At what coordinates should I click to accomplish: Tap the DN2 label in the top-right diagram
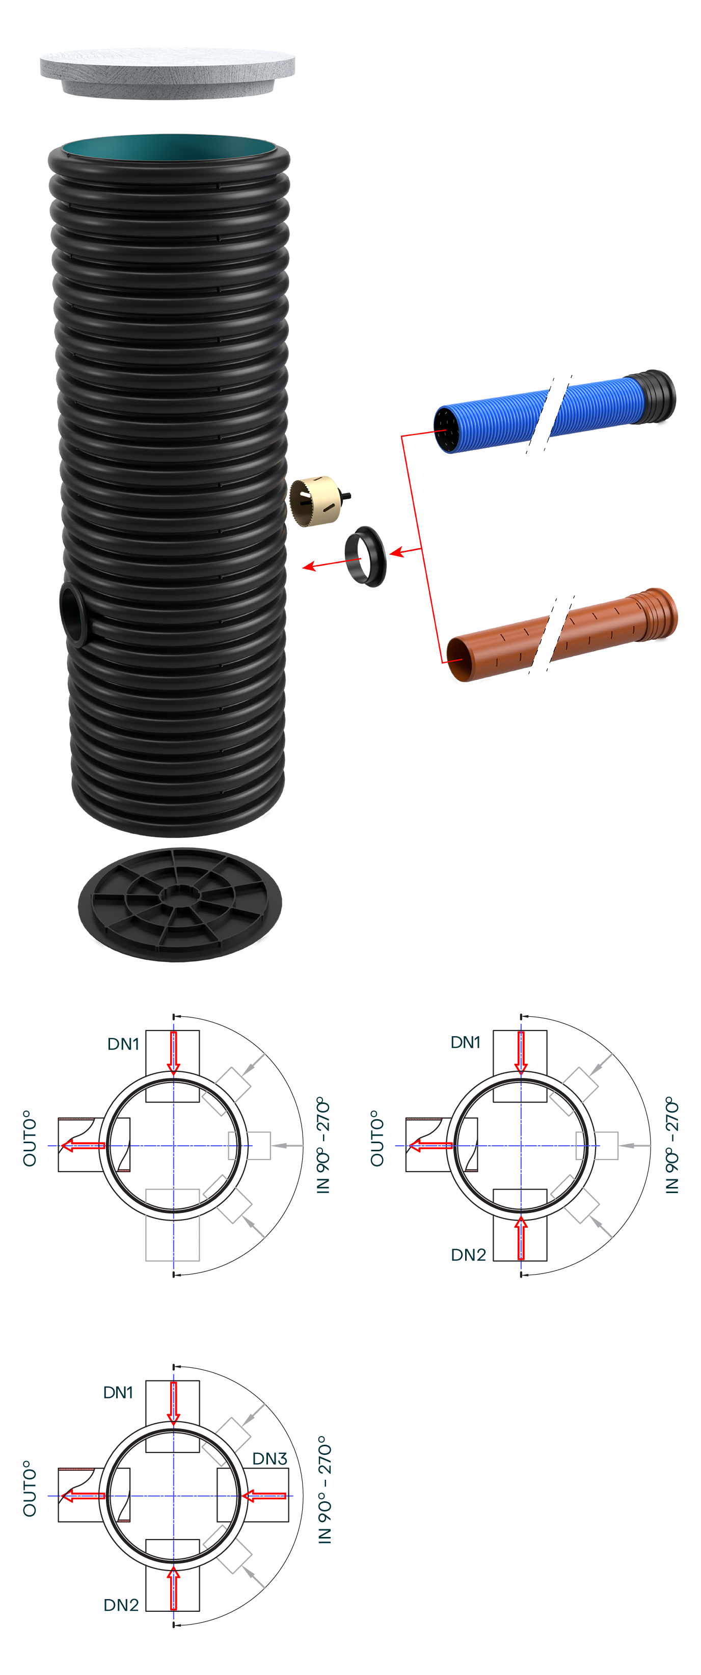click(x=468, y=1254)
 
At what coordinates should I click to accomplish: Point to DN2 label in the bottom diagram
click(x=121, y=1605)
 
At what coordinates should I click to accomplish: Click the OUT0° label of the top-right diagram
click(x=377, y=1138)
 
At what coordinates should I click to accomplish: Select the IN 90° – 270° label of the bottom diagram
click(x=325, y=1489)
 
